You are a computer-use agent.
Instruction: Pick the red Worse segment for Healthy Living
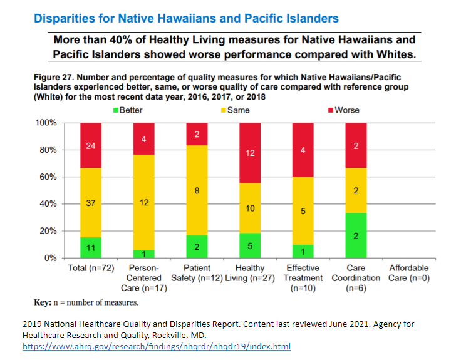250,153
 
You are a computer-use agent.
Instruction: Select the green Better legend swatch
115,110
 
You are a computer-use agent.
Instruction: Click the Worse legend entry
342,110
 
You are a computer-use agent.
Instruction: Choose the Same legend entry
233,110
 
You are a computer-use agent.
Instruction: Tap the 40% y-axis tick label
50,204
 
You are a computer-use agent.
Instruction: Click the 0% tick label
53,258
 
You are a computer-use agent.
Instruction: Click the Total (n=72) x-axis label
91,268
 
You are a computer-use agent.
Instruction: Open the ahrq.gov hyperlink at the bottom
156,346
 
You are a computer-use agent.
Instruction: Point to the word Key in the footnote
42,302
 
